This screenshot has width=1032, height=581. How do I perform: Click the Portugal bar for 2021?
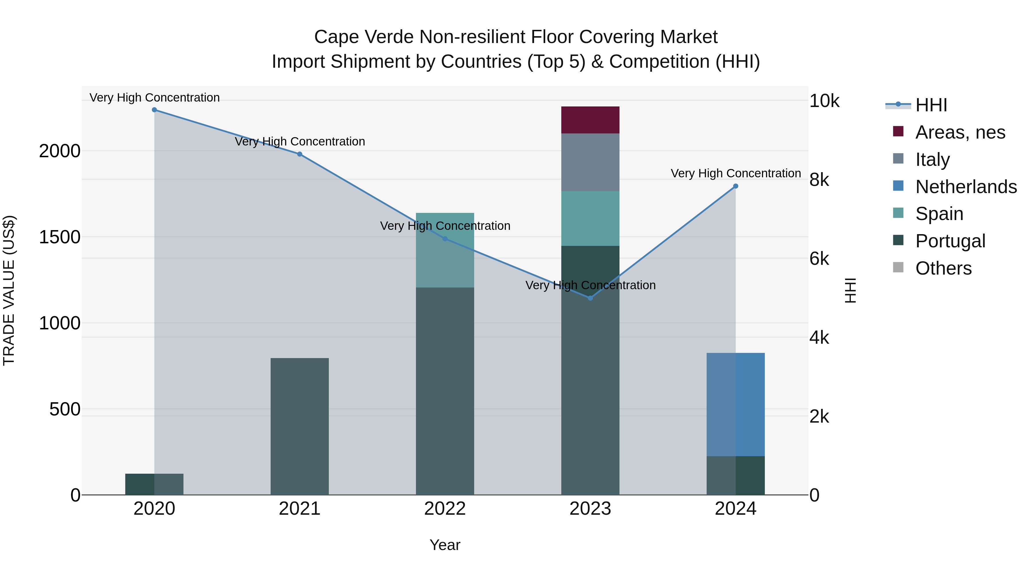coord(299,426)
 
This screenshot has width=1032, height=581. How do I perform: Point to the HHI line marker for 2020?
coord(154,110)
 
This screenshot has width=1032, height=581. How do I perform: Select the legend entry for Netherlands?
coord(965,187)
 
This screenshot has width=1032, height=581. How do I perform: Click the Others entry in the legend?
coord(943,268)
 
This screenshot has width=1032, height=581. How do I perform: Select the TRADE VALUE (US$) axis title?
coord(9,290)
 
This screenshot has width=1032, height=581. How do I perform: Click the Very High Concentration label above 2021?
coord(300,141)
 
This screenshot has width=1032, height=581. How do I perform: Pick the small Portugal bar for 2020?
coord(154,484)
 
